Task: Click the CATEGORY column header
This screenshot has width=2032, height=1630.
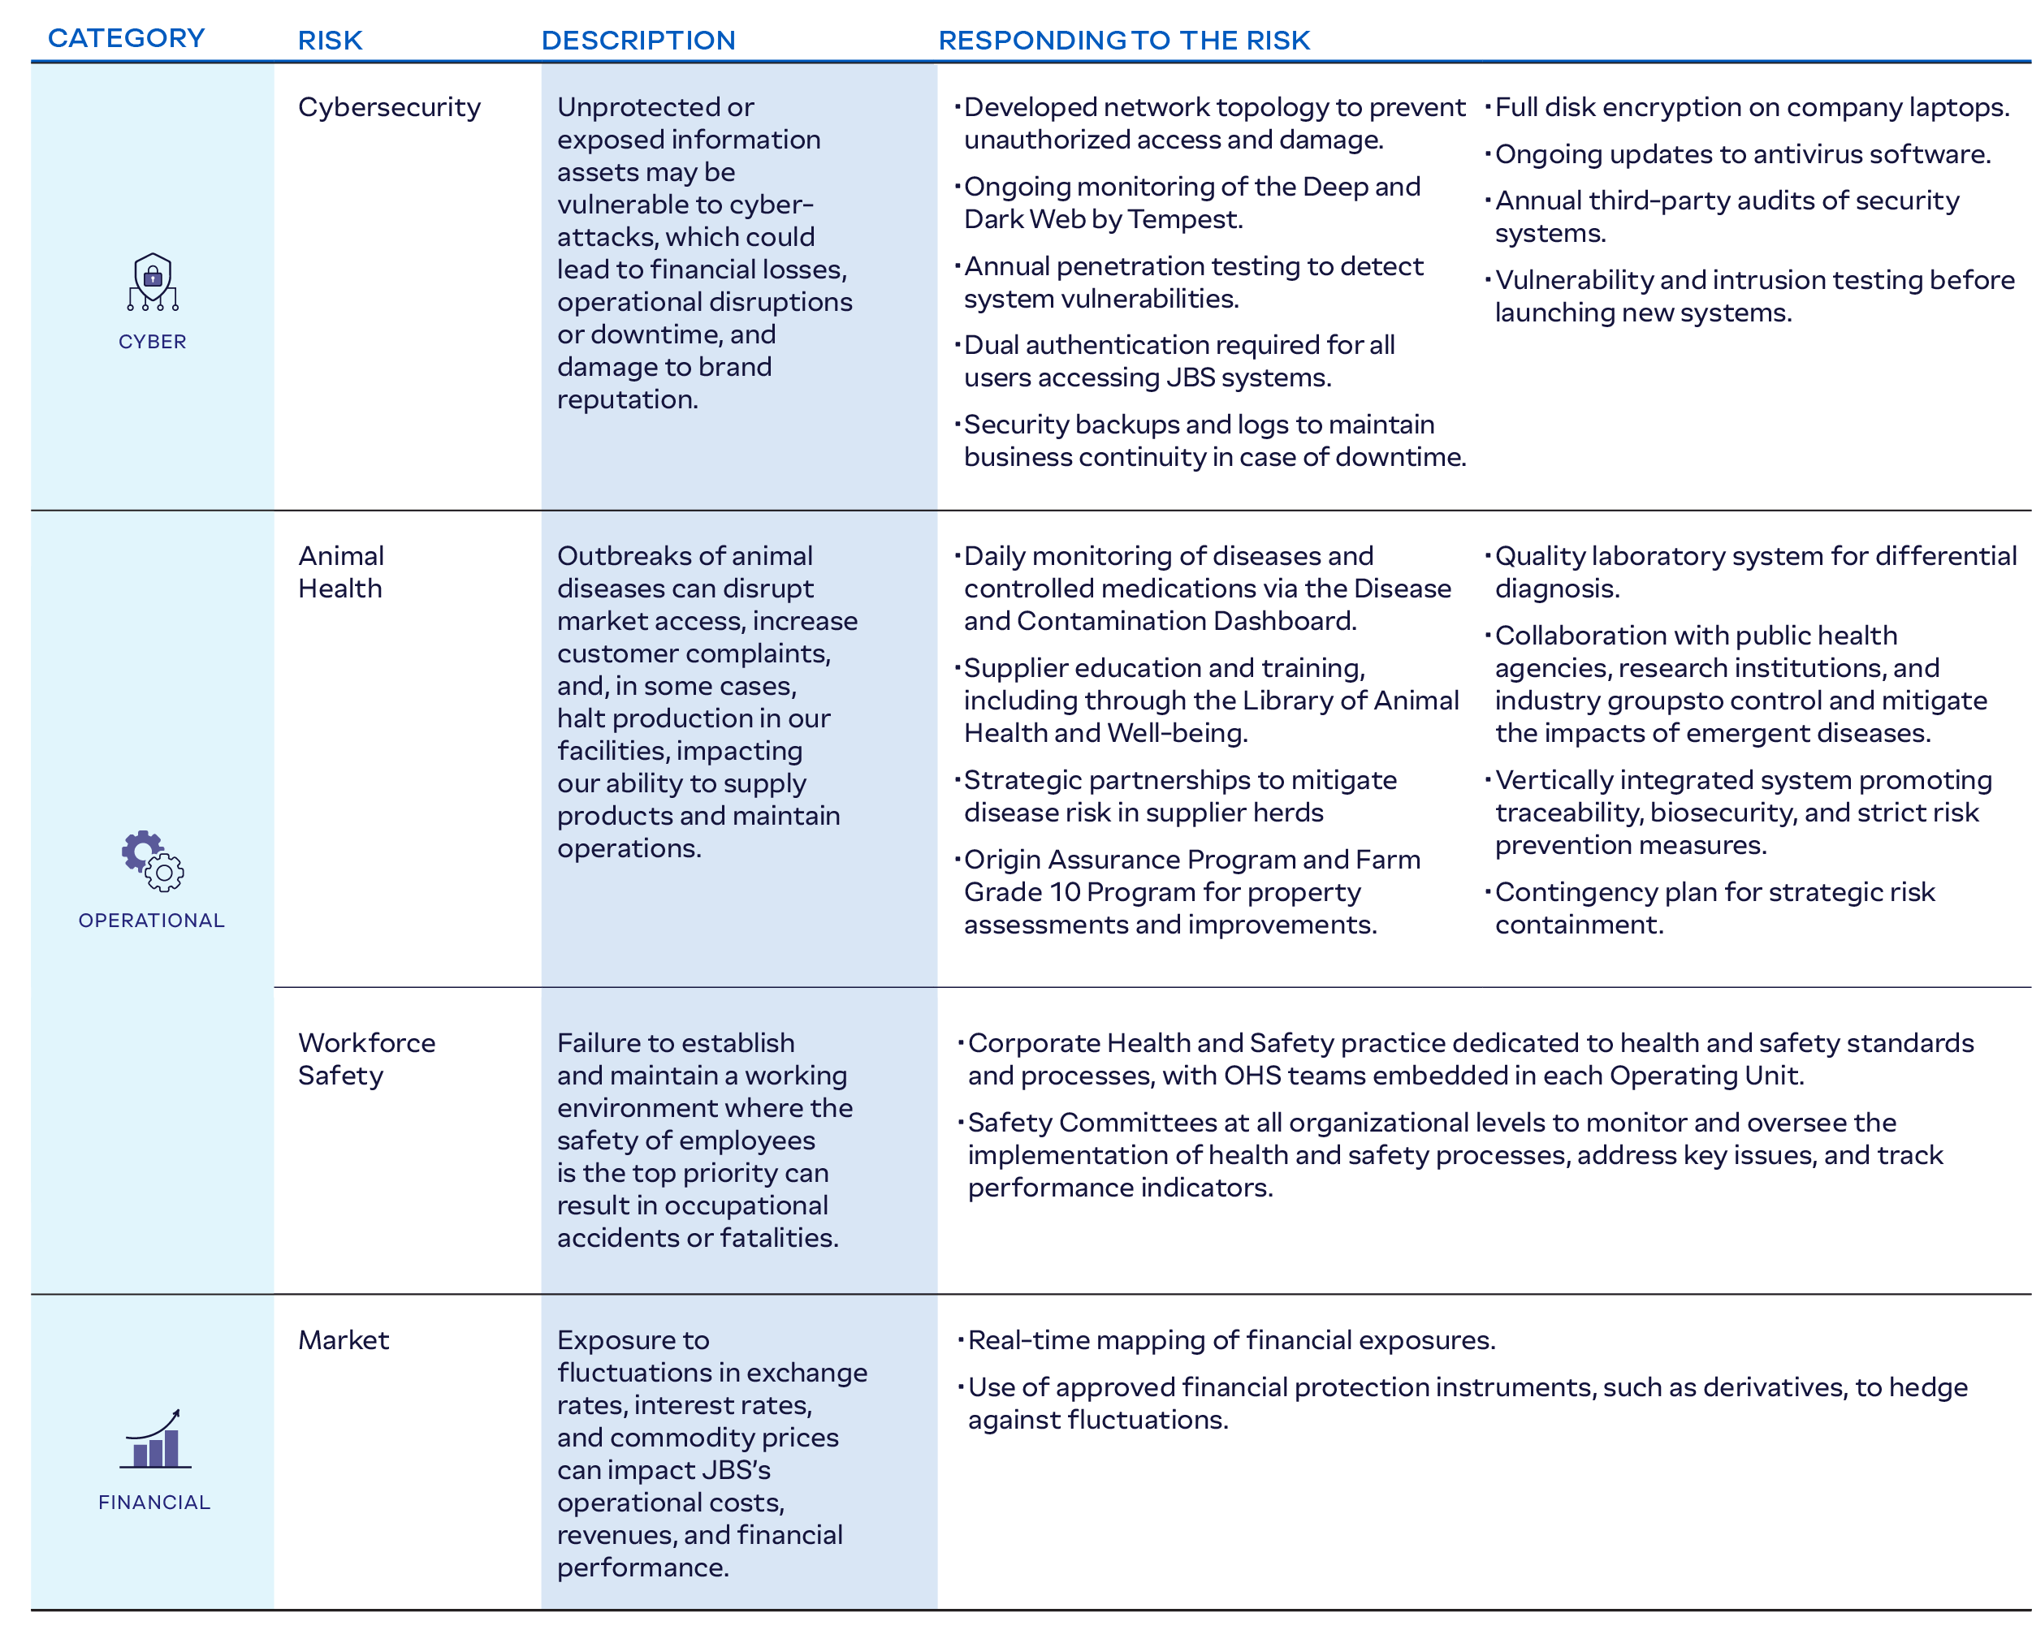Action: (x=127, y=39)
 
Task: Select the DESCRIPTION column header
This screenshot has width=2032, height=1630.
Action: (x=638, y=41)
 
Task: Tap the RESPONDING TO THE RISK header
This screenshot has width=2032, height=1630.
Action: (x=1123, y=41)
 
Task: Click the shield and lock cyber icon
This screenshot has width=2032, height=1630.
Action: (x=153, y=281)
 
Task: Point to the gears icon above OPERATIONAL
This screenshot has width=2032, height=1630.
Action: (x=153, y=860)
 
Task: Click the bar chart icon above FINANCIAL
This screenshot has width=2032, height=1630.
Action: (x=155, y=1440)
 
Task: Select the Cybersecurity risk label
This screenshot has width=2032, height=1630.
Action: (x=389, y=107)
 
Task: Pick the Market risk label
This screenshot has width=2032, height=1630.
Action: (x=343, y=1340)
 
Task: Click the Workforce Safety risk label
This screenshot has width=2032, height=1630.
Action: (x=366, y=1059)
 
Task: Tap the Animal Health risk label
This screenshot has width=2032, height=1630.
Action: (x=341, y=572)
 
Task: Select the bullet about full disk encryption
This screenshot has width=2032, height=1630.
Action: (x=1751, y=107)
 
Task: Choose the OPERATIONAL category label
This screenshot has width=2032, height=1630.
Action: (x=152, y=921)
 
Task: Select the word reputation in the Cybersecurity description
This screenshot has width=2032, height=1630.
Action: (x=628, y=399)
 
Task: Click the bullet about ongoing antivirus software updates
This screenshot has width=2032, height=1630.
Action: (x=1742, y=154)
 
